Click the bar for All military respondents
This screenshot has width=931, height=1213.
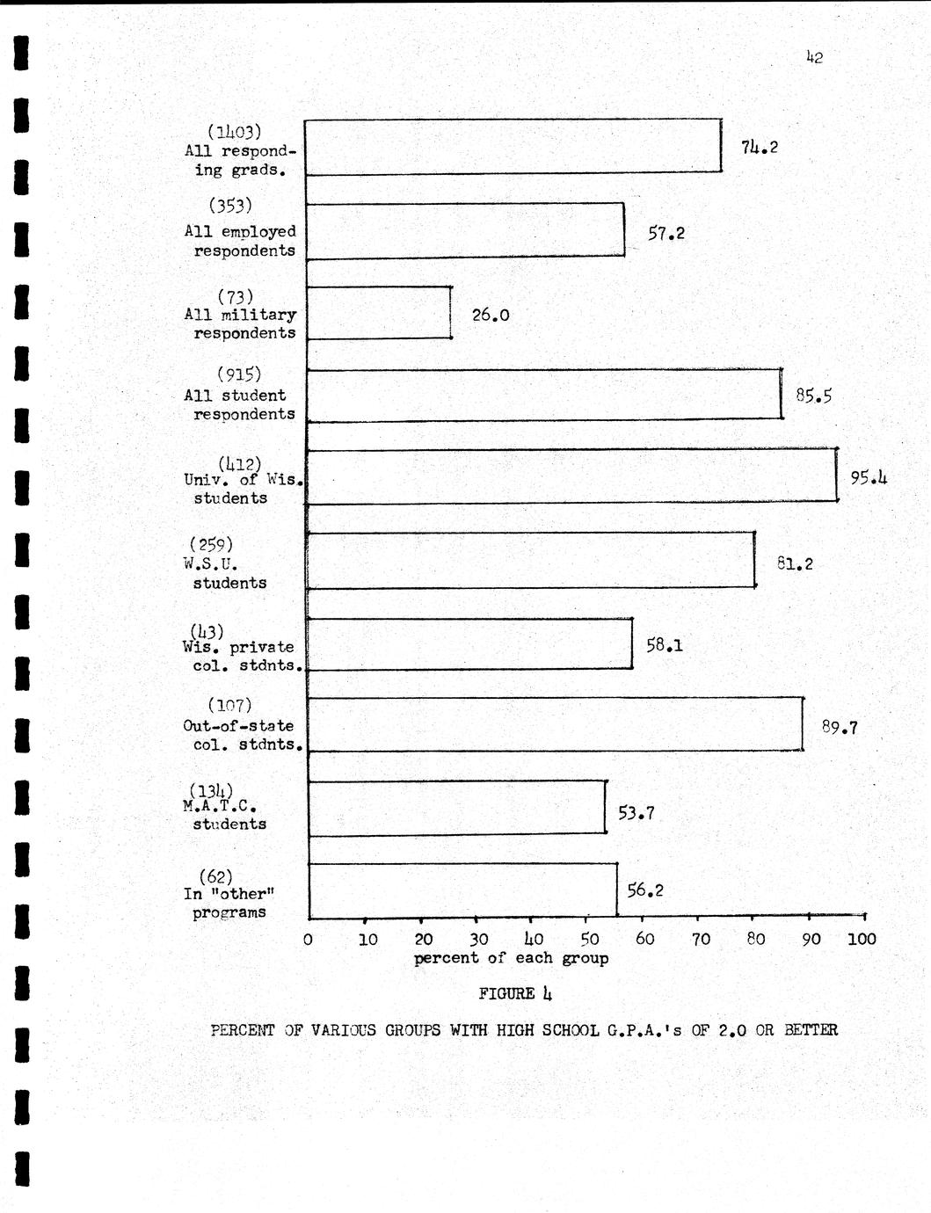click(x=379, y=312)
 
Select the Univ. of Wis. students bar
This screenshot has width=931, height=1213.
click(x=571, y=476)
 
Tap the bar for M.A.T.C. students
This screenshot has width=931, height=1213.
click(x=457, y=807)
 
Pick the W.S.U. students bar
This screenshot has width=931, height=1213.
click(x=530, y=560)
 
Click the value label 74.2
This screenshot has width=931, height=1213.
click(x=760, y=148)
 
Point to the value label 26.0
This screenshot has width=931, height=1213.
click(x=491, y=315)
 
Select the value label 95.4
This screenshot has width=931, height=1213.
click(x=869, y=478)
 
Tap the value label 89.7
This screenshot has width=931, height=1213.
click(x=840, y=728)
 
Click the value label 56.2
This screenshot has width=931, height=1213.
click(x=645, y=890)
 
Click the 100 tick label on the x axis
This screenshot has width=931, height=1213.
click(x=862, y=939)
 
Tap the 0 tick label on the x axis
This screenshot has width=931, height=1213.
click(x=308, y=940)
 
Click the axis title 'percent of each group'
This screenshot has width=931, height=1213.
click(x=512, y=958)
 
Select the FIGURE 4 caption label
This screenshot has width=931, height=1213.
click(x=515, y=994)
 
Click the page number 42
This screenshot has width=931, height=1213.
click(x=814, y=58)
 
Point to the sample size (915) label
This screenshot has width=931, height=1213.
click(x=238, y=375)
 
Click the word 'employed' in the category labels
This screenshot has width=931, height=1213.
click(x=258, y=232)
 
